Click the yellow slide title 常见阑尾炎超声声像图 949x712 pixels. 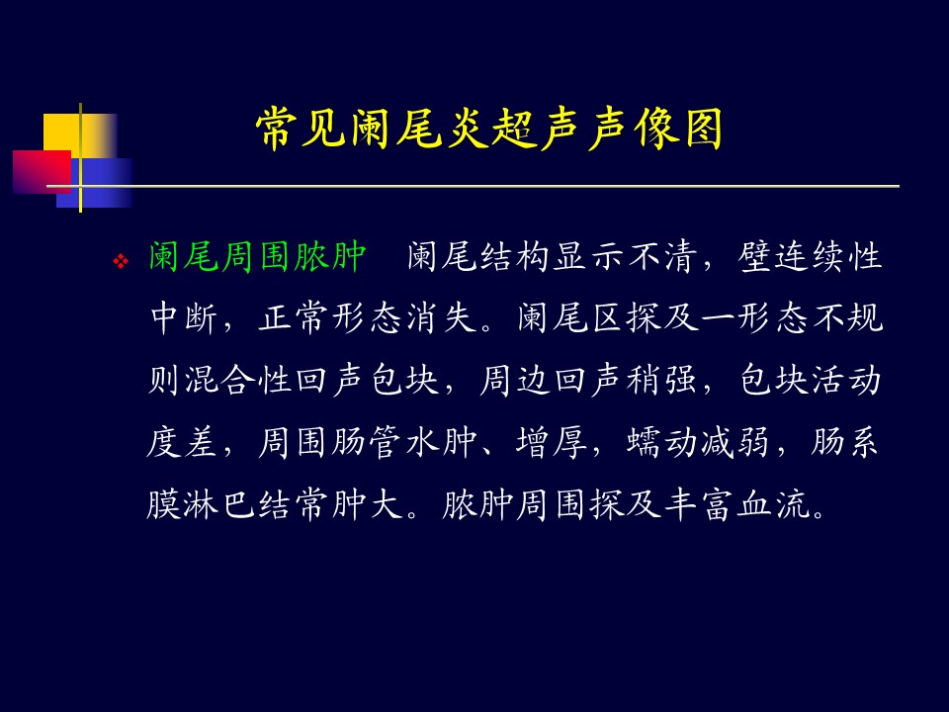coord(489,129)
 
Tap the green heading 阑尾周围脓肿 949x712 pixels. coord(258,256)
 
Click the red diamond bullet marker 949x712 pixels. coord(121,261)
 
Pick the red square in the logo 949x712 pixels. coord(42,172)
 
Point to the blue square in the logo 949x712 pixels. coord(94,183)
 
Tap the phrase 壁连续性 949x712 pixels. coord(810,256)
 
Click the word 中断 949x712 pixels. coord(184,317)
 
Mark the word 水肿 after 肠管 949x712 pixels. coord(441,442)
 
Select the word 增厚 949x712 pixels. coord(552,442)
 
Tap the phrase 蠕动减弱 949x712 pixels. coord(698,442)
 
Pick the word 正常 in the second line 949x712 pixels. coord(293,317)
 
